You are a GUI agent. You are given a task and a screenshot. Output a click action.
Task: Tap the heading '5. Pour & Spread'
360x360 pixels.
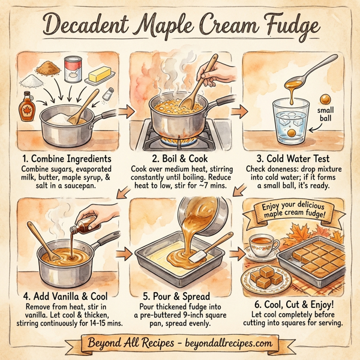coord(178,295)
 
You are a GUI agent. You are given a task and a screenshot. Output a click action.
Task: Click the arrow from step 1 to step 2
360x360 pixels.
coord(125,112)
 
